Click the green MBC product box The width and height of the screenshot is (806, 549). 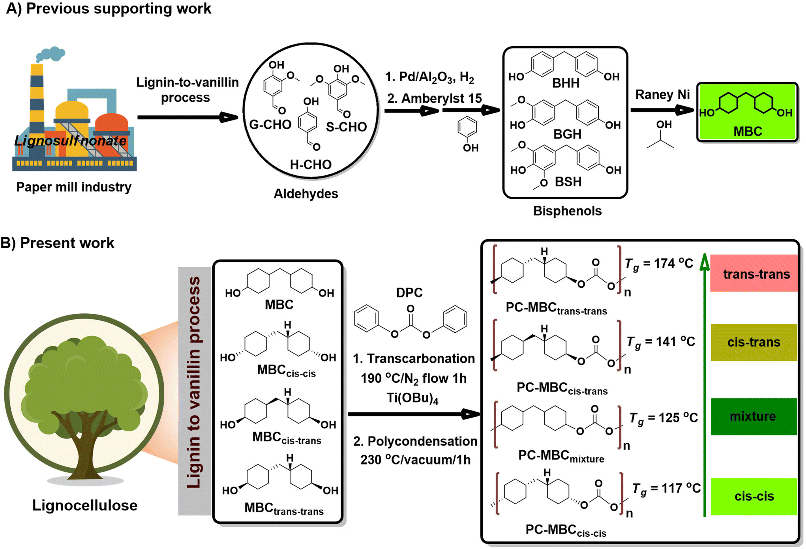[747, 112]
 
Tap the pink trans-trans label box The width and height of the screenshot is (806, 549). [754, 274]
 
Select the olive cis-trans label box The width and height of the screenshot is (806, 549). [754, 342]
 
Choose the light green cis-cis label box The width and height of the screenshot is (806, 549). [754, 496]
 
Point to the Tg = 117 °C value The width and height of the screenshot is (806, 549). [666, 489]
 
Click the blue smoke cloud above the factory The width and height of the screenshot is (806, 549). [51, 54]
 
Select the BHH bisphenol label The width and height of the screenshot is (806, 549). [566, 83]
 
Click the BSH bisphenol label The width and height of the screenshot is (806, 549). [568, 182]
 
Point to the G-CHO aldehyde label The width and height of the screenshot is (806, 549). [270, 125]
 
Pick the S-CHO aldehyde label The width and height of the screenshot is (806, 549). [346, 127]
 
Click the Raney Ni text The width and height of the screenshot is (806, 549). [662, 95]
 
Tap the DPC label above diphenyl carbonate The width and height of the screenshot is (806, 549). [409, 292]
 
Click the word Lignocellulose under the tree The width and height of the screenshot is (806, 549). [85, 506]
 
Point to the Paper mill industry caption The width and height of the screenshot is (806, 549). [74, 187]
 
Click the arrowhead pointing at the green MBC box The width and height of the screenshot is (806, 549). [685, 110]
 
